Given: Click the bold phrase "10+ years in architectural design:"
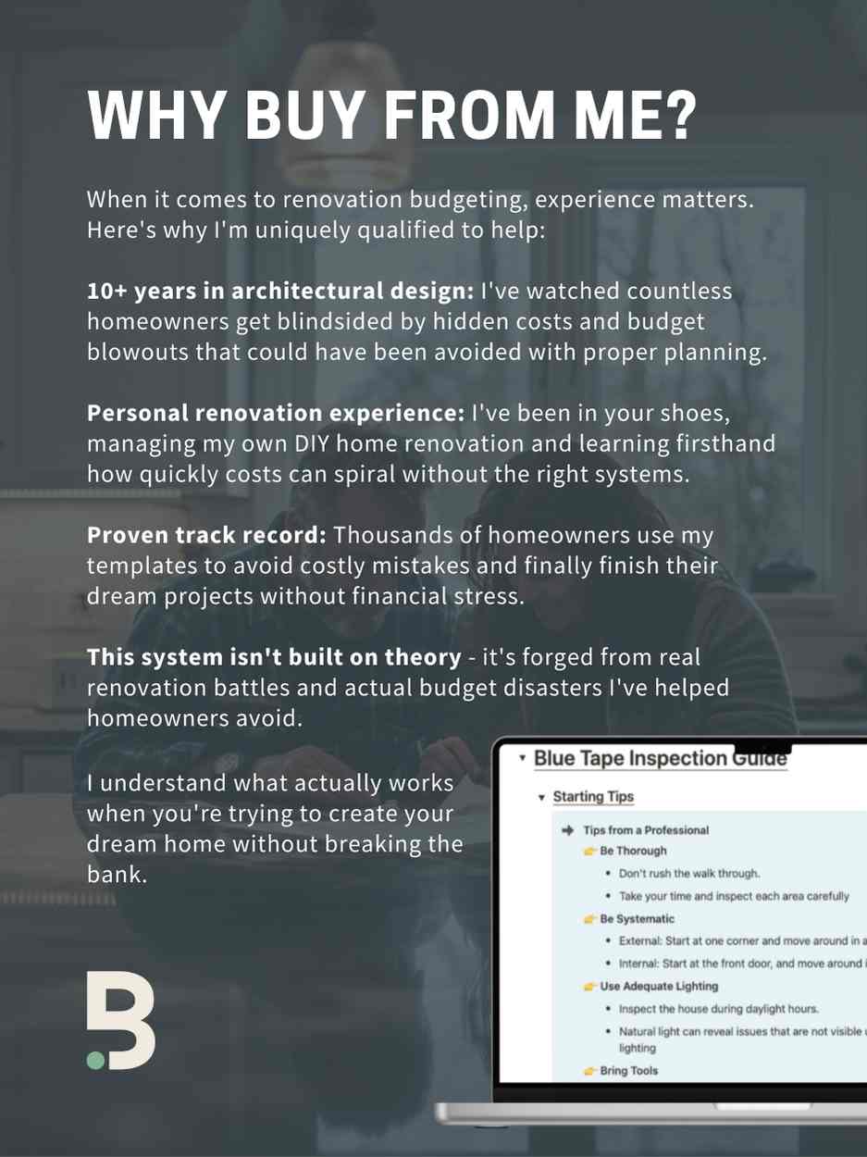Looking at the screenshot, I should (x=279, y=292).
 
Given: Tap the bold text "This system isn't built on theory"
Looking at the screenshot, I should (x=274, y=657).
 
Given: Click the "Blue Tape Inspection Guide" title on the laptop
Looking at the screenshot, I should (x=660, y=759).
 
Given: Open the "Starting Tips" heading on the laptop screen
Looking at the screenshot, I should (x=593, y=797).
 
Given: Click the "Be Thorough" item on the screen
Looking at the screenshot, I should (x=633, y=851).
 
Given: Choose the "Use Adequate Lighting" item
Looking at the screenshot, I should (x=659, y=987).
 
